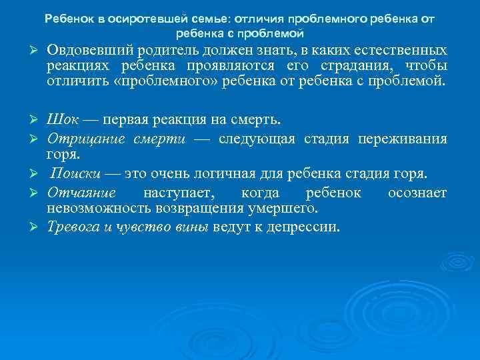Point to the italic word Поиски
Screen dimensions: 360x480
coord(75,174)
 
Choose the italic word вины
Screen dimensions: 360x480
coord(192,227)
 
